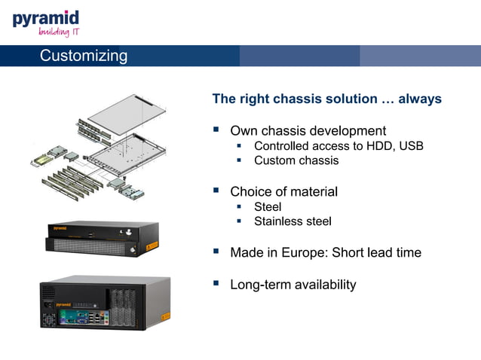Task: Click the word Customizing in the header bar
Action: [x=83, y=56]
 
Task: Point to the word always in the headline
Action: [x=420, y=99]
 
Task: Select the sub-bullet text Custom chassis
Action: [x=296, y=160]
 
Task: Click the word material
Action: [x=310, y=192]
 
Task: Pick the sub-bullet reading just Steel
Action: [x=268, y=207]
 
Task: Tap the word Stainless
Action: [x=279, y=221]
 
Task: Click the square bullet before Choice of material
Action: [x=216, y=191]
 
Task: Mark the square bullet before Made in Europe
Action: [x=216, y=252]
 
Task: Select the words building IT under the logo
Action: [x=59, y=32]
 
